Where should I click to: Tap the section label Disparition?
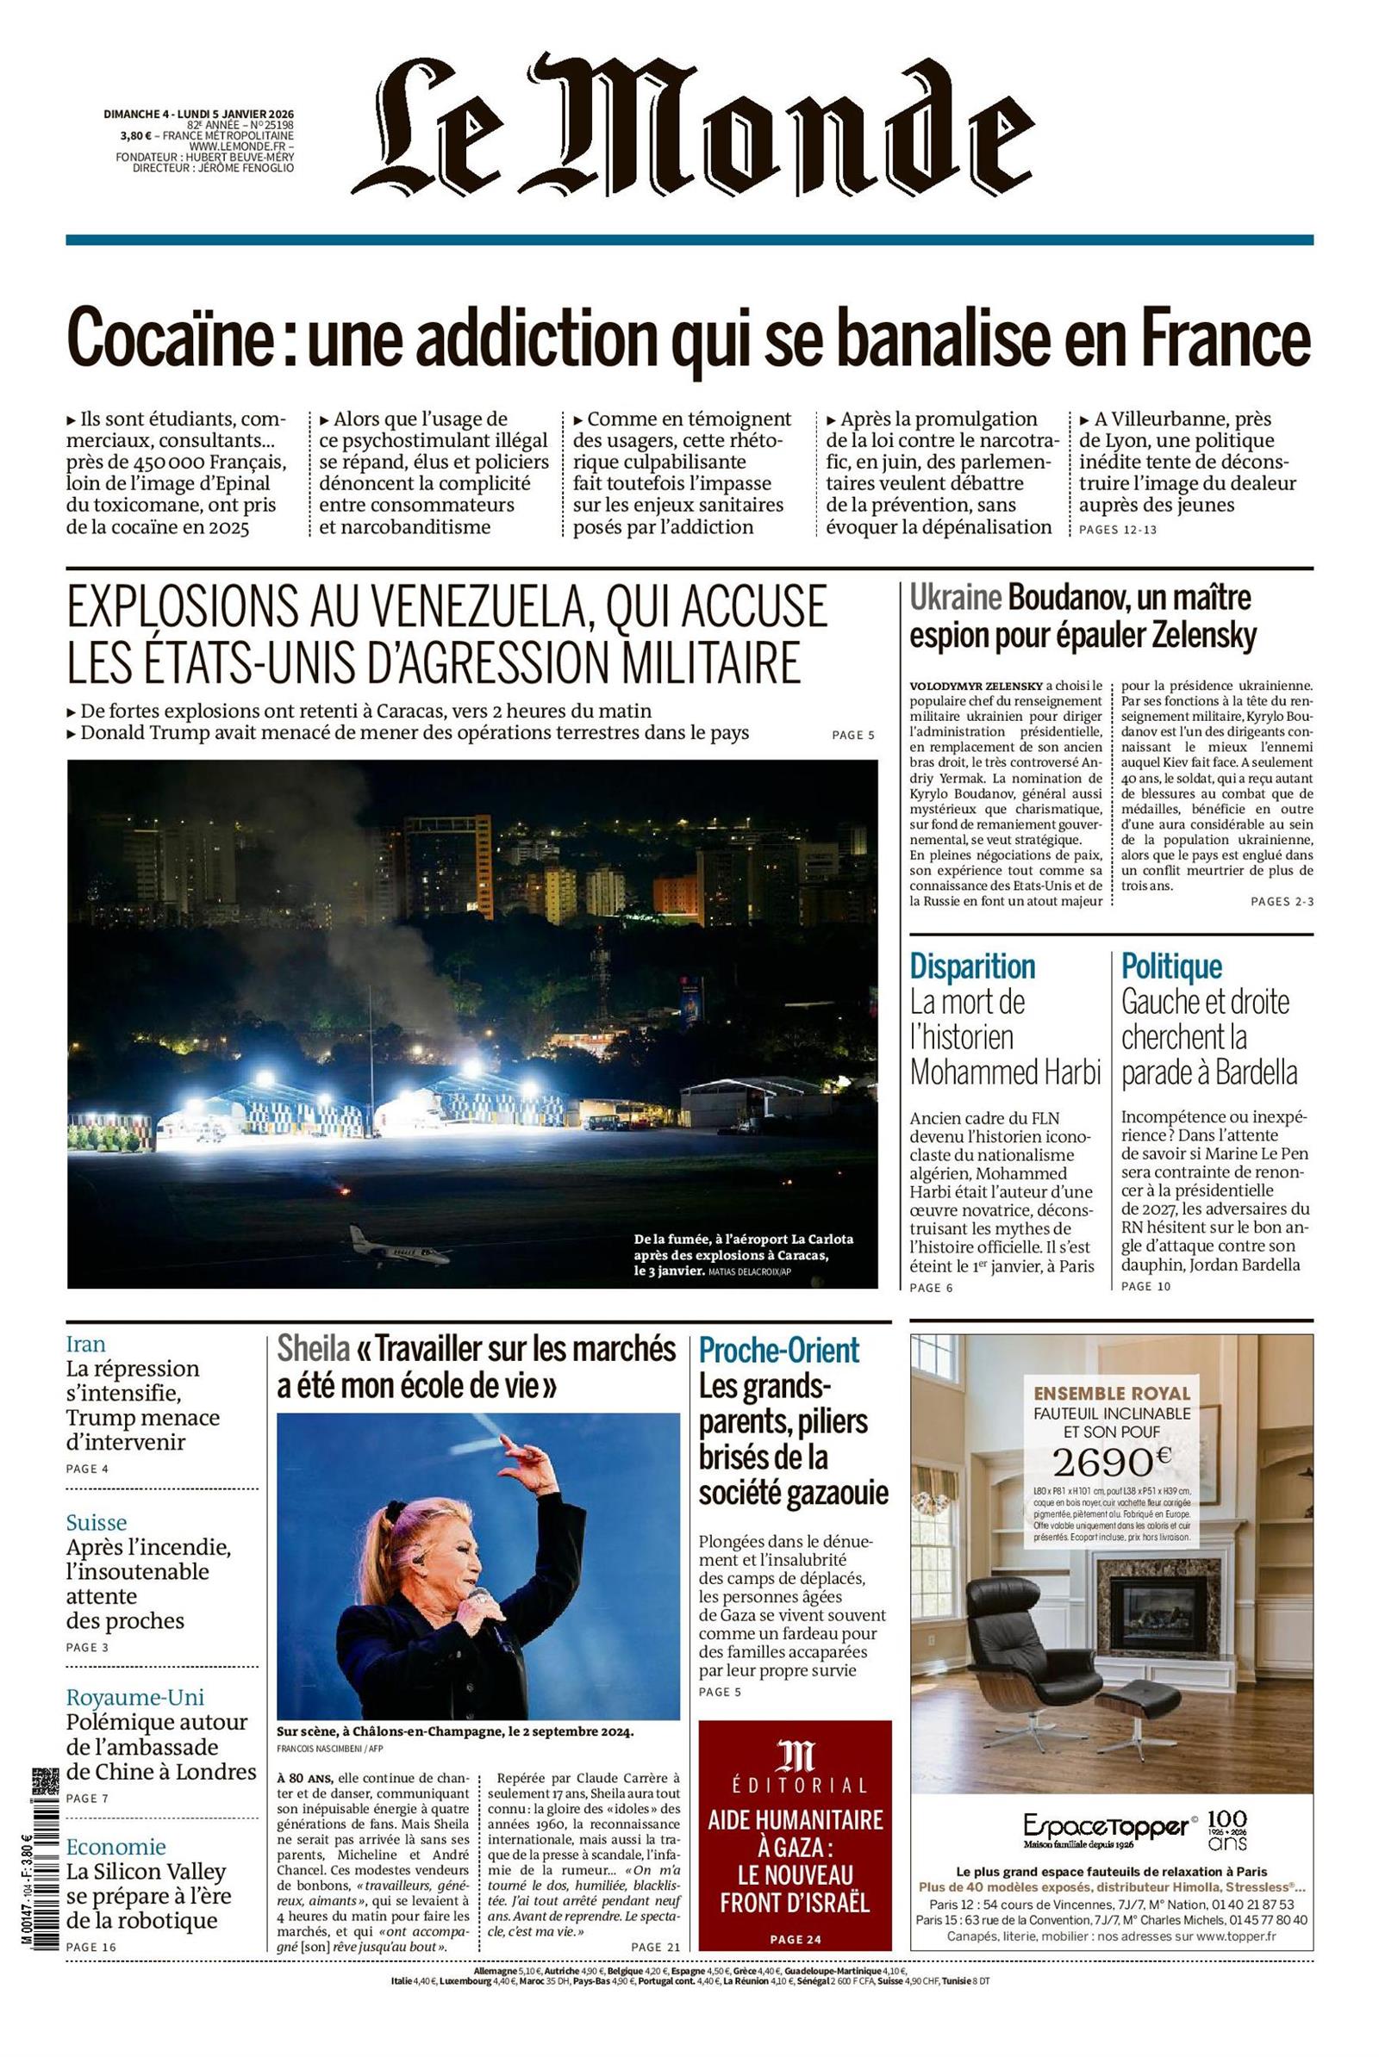972,966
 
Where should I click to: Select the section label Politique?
1170,966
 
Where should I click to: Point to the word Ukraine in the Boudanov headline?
955,599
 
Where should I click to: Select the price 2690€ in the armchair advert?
1112,1461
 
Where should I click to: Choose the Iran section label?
85,1344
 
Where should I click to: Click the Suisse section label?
96,1523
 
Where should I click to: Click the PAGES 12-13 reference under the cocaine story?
1118,530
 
